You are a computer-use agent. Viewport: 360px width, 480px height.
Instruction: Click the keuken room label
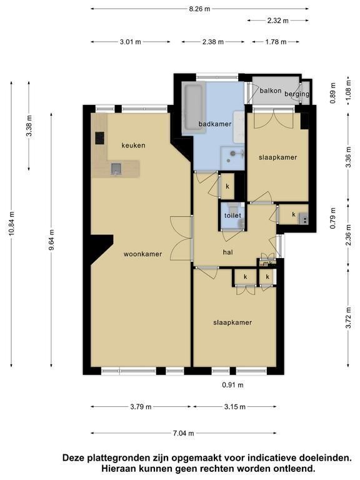133,146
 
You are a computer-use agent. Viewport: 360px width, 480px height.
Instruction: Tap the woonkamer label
142,254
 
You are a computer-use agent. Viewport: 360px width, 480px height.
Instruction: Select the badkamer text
215,124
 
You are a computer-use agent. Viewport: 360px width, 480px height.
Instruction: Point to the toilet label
232,216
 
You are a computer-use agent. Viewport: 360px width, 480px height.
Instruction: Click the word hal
228,252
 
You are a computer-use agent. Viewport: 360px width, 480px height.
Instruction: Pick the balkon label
271,91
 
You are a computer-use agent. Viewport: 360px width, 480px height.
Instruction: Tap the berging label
297,94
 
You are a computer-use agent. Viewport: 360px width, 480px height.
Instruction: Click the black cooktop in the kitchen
99,138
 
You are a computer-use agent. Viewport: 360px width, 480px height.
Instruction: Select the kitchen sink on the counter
116,169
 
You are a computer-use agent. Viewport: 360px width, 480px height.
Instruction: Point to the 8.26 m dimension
199,9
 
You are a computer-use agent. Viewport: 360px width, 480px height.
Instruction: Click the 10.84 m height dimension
12,224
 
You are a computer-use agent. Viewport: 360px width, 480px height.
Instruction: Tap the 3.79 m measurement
141,407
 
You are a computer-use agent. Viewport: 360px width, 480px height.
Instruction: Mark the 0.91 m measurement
233,385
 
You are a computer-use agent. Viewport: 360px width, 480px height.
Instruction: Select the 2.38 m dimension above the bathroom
212,42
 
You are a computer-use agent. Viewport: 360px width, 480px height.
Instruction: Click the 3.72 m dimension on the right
348,317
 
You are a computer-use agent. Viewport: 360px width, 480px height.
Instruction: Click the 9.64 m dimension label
51,240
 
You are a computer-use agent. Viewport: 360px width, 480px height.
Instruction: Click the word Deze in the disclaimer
74,458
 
